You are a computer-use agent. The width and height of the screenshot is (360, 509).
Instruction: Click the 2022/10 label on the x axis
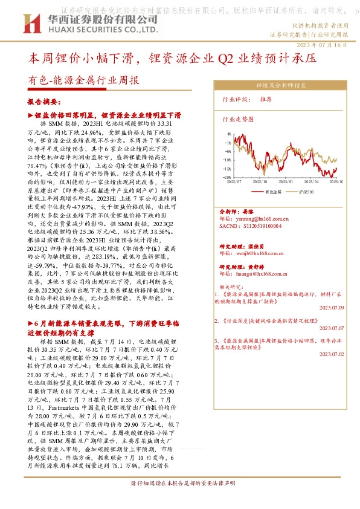(260, 181)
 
